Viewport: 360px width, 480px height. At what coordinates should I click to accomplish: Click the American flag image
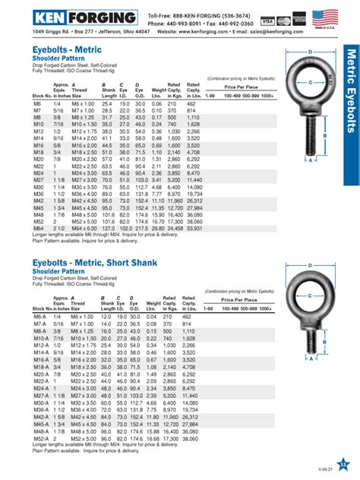(325, 17)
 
